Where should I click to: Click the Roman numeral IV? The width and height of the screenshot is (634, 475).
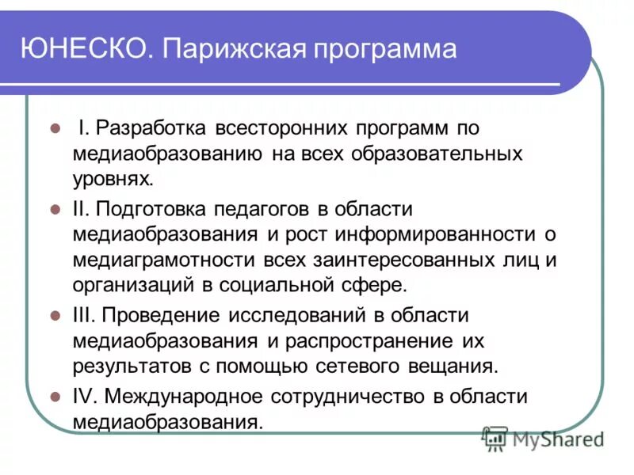point(85,396)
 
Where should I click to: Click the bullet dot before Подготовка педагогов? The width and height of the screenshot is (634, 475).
point(55,209)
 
